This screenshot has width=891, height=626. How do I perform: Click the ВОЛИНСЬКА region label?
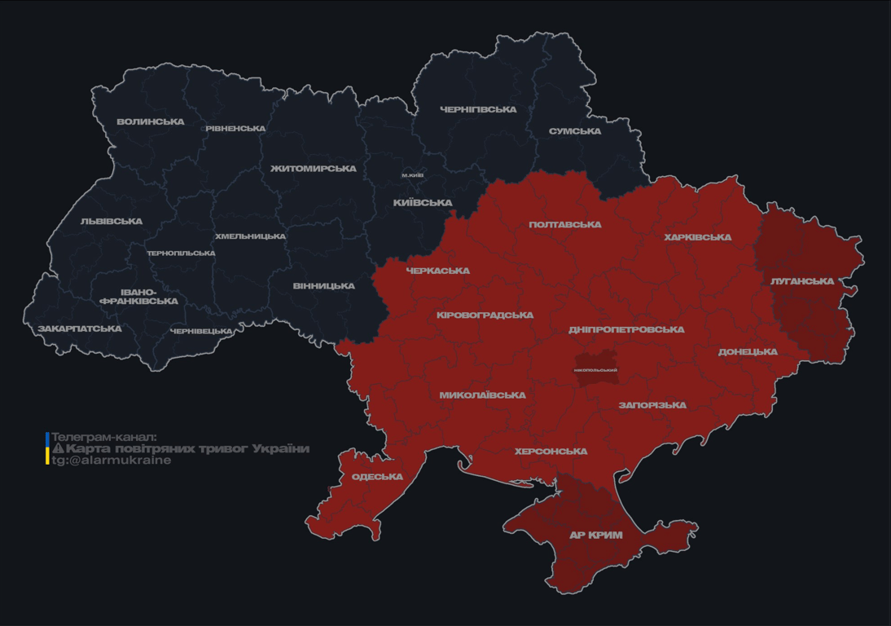[151, 122]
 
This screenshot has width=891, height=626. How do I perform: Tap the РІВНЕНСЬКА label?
[235, 129]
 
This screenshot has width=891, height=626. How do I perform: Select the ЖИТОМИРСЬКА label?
[314, 169]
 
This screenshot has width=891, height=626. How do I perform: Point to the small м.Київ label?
[413, 175]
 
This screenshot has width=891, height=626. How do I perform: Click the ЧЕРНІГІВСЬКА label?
[478, 109]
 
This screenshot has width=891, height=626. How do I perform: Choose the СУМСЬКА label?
[575, 131]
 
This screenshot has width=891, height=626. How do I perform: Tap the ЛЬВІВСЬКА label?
[112, 222]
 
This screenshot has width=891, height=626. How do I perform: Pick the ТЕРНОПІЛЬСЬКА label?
[181, 253]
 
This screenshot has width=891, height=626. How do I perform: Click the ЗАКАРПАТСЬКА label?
[80, 329]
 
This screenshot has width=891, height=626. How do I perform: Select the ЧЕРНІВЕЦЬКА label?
[201, 332]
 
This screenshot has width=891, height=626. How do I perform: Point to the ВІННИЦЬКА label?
[324, 286]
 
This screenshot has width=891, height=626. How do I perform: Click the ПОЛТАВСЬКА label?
[565, 225]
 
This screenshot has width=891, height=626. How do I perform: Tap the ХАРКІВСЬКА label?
[697, 238]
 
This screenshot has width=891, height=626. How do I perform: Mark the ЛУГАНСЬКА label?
[802, 281]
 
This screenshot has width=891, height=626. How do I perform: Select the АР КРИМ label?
[595, 536]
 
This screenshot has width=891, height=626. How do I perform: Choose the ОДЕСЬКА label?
[377, 477]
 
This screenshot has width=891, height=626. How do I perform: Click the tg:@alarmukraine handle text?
[112, 461]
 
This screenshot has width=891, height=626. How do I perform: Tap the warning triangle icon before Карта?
[58, 449]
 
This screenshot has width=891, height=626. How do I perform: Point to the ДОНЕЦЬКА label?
[748, 352]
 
